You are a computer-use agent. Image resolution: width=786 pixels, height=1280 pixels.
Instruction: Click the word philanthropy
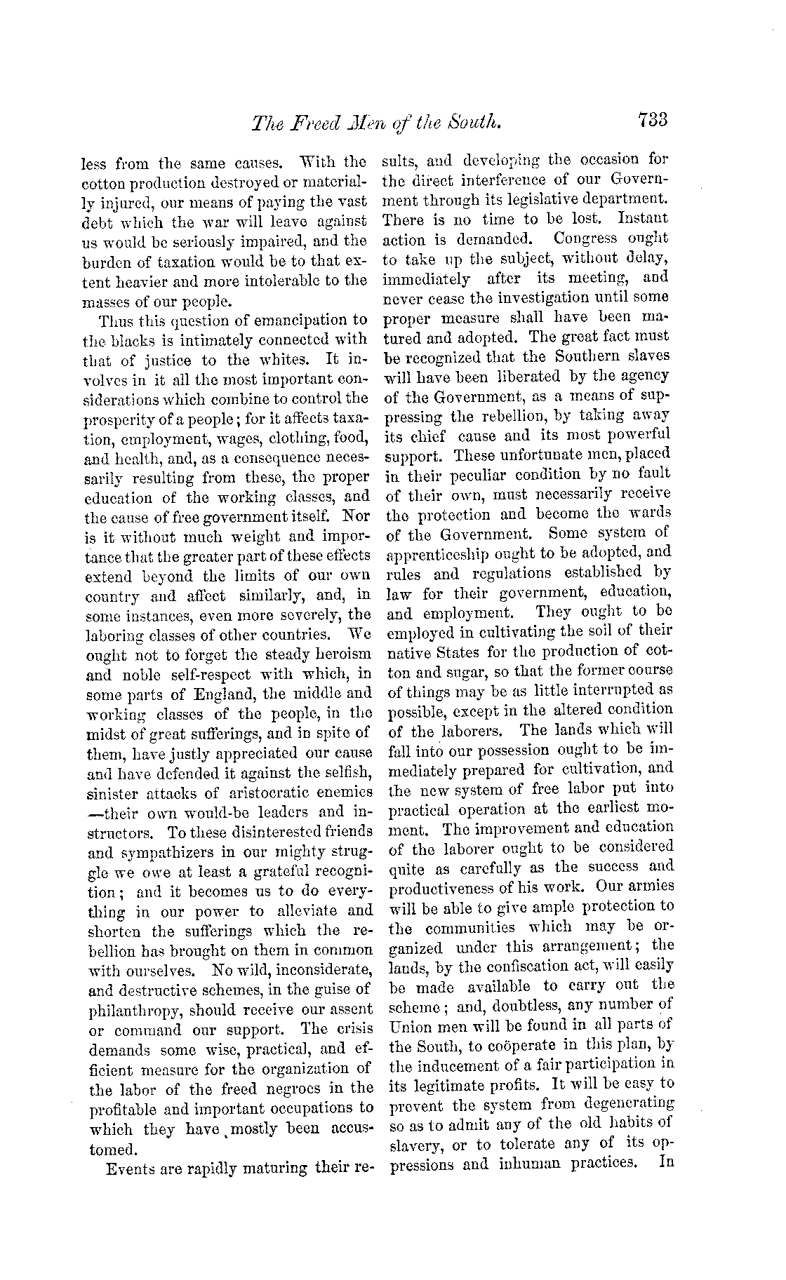(x=140, y=1011)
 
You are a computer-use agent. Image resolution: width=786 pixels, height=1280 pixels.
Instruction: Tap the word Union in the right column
(x=406, y=1025)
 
